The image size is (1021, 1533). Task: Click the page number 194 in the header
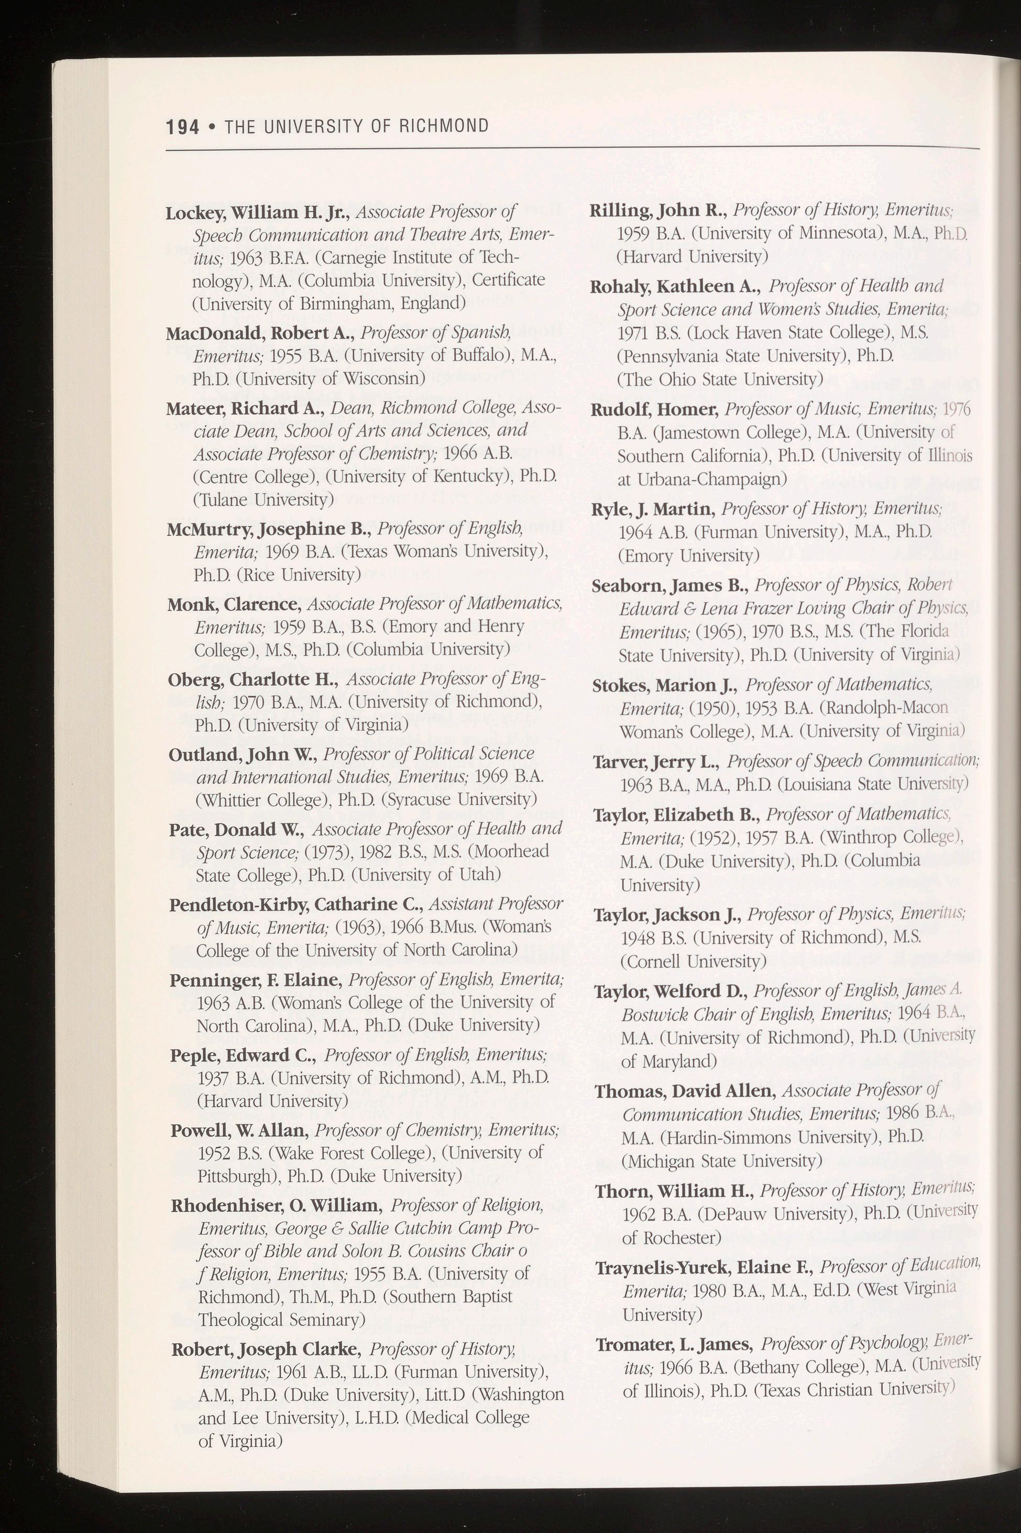click(182, 126)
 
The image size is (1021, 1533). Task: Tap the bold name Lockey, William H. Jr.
click(258, 213)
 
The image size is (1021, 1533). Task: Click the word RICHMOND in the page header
click(443, 126)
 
